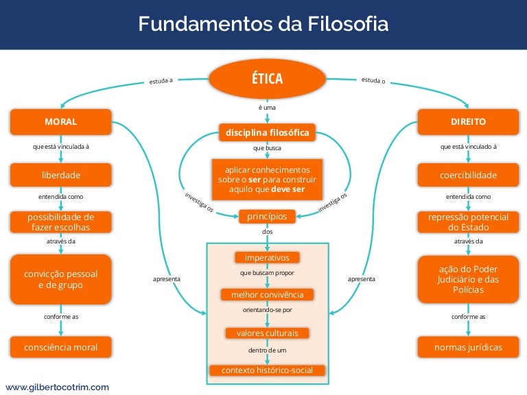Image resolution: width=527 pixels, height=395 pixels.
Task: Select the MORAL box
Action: (60, 121)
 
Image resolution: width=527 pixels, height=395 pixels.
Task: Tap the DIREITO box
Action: (469, 121)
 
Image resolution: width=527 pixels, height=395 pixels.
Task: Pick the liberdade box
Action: (60, 175)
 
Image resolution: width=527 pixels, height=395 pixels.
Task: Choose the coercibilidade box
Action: (469, 175)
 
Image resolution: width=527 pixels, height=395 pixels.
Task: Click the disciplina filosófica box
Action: (267, 132)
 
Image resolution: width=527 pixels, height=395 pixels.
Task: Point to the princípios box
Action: (267, 217)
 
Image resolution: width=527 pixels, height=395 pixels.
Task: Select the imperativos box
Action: (267, 258)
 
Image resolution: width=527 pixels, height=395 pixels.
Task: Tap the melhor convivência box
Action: (267, 295)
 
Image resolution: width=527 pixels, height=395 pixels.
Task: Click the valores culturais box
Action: (267, 333)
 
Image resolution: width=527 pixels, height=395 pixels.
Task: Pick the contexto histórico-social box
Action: (267, 370)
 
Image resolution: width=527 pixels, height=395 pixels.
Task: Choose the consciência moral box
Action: (60, 347)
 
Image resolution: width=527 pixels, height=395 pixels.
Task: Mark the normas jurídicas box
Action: (469, 347)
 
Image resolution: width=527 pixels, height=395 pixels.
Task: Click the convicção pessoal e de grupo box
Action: (60, 279)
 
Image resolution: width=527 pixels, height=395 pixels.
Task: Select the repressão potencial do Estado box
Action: (469, 222)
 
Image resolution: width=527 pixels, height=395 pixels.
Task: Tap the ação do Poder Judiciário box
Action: (469, 279)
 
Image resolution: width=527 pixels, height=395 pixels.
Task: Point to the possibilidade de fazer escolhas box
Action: (60, 222)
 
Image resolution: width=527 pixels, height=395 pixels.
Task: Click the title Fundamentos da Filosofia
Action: (263, 25)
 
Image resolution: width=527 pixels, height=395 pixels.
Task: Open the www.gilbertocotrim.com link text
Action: (58, 387)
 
